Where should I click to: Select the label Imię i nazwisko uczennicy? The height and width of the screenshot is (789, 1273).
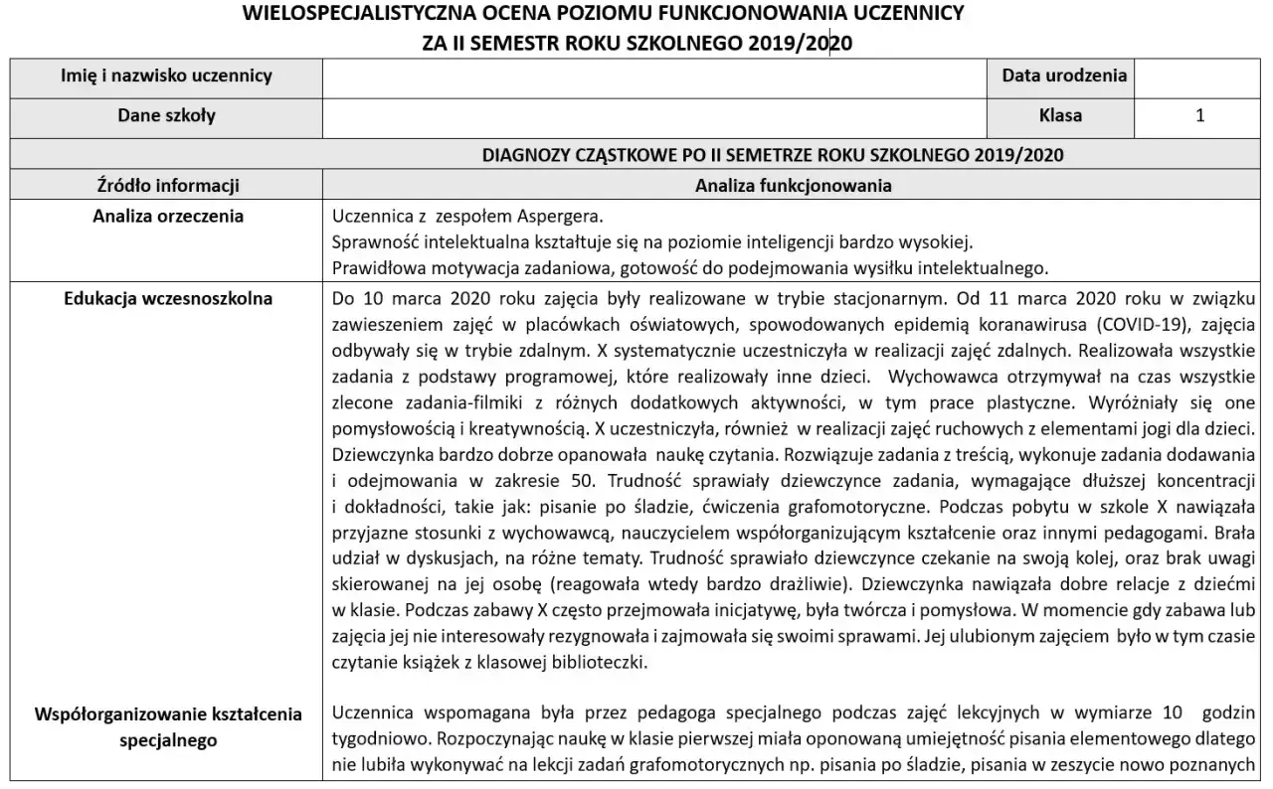(166, 76)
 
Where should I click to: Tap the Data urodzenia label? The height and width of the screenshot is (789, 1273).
(1064, 76)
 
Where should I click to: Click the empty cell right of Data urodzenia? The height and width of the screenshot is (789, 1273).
(1200, 76)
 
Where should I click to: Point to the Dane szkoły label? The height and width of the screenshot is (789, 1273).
(166, 115)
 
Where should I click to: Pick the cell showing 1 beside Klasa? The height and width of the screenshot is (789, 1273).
(1200, 115)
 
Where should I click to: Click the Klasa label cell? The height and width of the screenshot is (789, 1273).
(1060, 115)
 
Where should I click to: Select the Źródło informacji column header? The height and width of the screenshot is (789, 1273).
(166, 185)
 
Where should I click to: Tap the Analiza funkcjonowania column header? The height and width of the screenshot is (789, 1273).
(793, 185)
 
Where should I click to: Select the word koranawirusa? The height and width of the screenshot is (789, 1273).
(977, 324)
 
